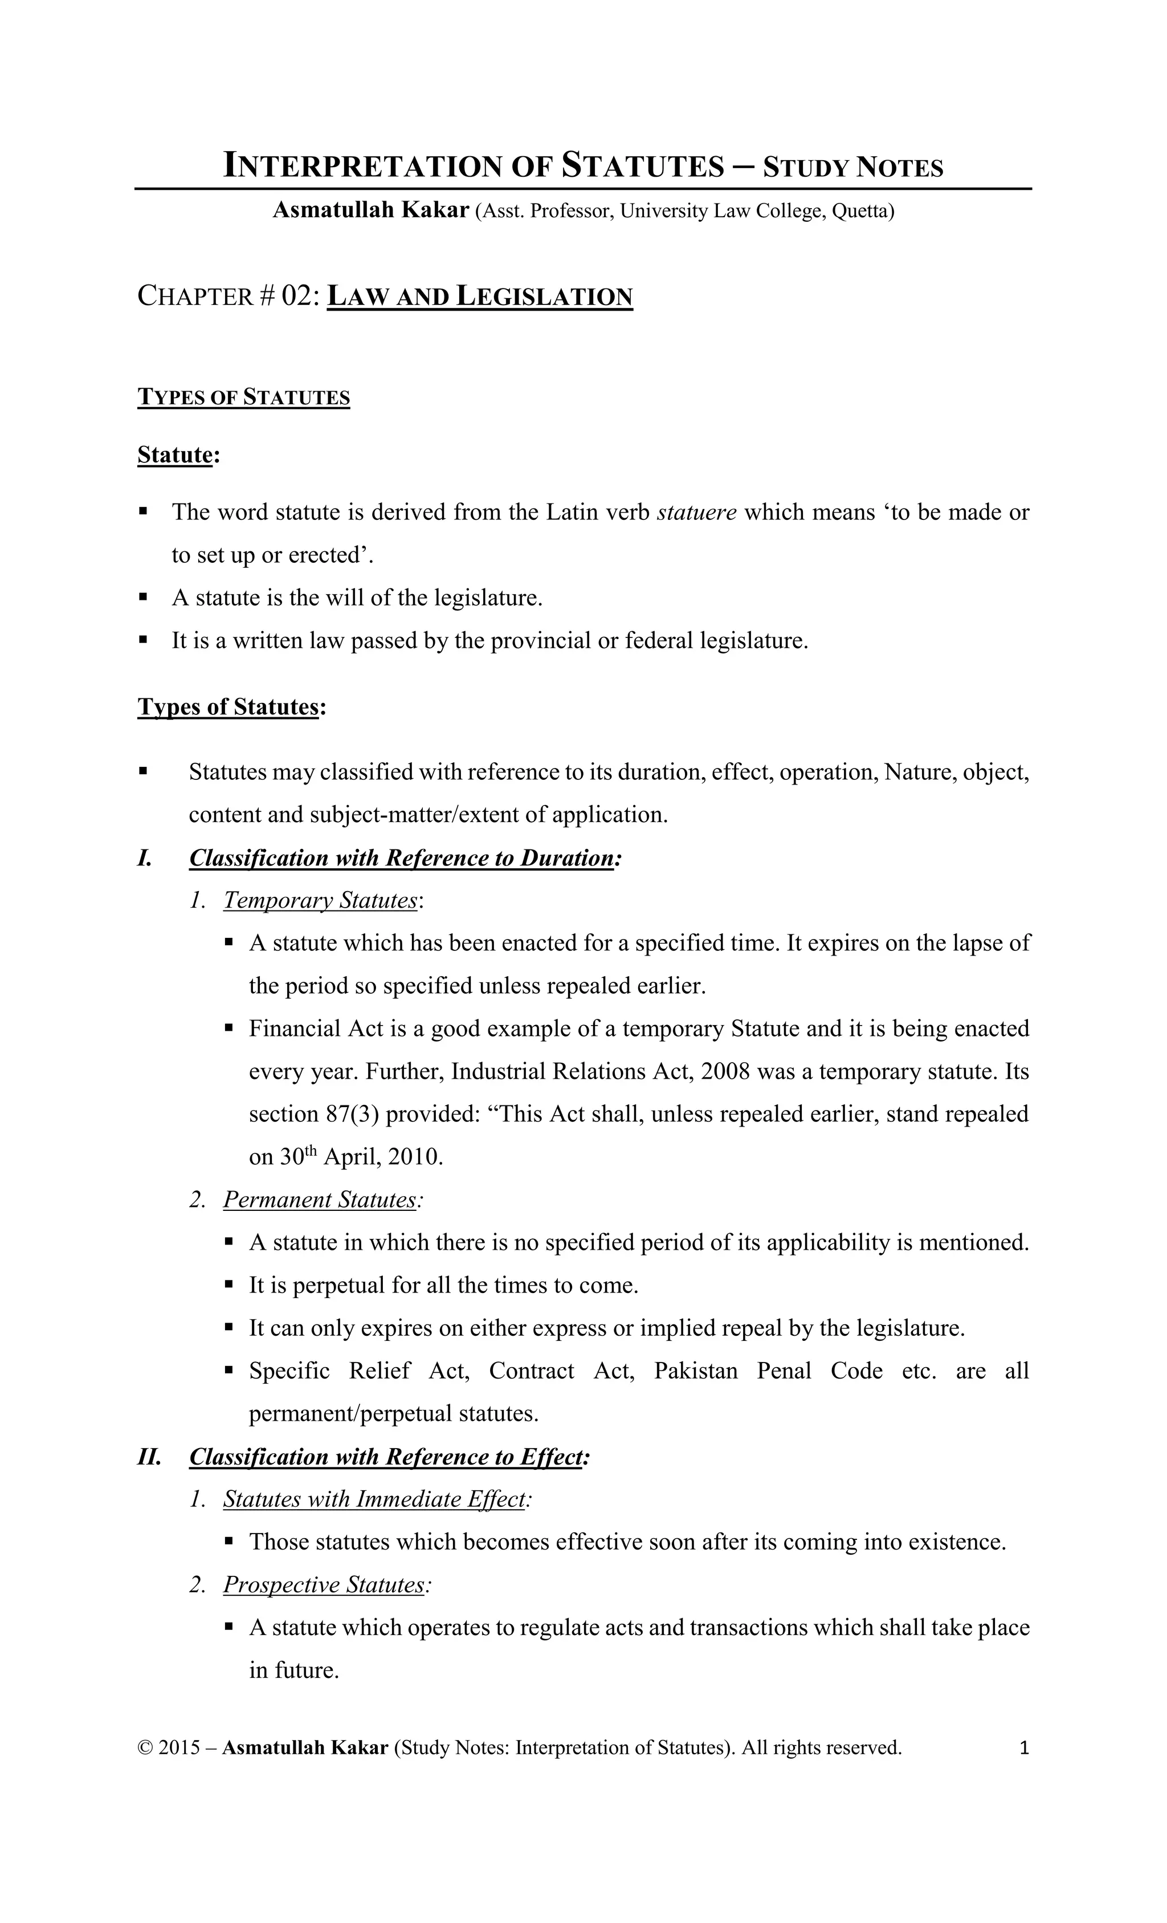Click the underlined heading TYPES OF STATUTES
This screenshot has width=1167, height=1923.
tap(243, 397)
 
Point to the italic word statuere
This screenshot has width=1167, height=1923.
tap(697, 512)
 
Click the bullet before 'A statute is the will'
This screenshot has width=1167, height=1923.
tap(143, 598)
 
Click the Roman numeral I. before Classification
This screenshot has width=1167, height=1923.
tap(144, 859)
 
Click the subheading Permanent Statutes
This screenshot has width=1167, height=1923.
tap(320, 1200)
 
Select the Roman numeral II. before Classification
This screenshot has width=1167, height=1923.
tap(149, 1457)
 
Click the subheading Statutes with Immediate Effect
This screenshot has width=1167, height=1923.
tap(374, 1499)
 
